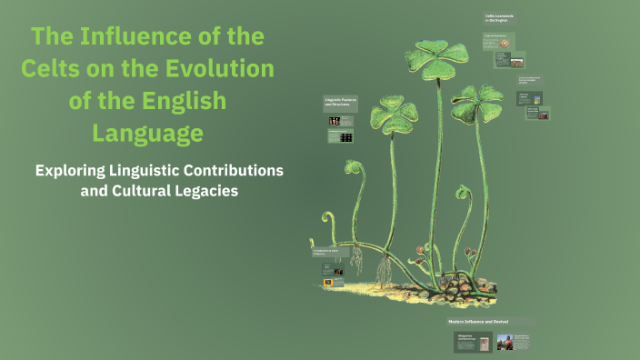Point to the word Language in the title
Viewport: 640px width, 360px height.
(146, 134)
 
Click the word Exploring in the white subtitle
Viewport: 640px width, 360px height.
(74, 170)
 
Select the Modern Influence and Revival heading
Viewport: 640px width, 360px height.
(477, 322)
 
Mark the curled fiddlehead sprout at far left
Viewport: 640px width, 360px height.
(325, 218)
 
